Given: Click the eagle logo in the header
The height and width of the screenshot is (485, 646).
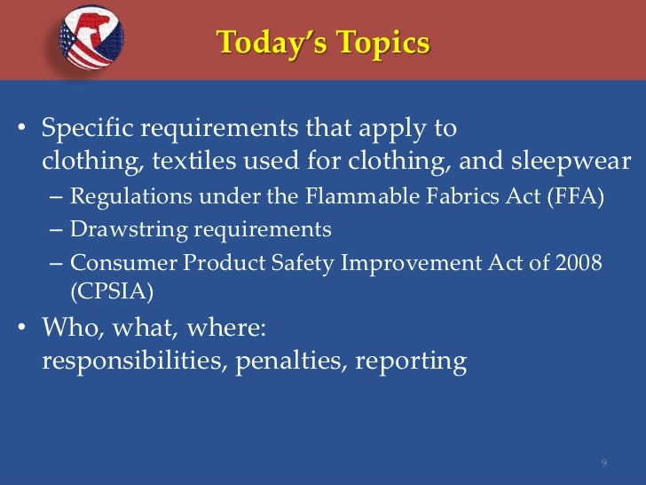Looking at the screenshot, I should pyautogui.click(x=91, y=38).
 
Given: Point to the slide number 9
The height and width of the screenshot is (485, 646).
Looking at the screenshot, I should pyautogui.click(x=603, y=464).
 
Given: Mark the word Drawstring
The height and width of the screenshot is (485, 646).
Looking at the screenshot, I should pyautogui.click(x=122, y=230).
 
